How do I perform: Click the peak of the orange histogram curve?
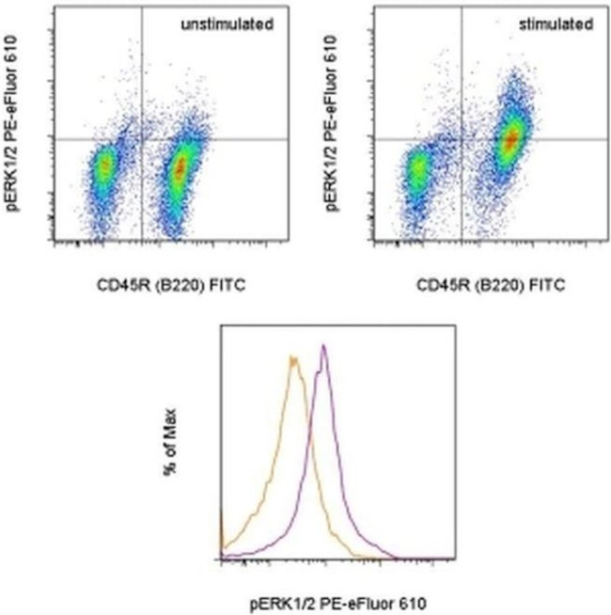(294, 357)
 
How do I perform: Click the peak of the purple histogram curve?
(323, 346)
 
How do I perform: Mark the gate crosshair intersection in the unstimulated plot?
(141, 138)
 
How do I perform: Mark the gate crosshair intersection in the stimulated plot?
(461, 138)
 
